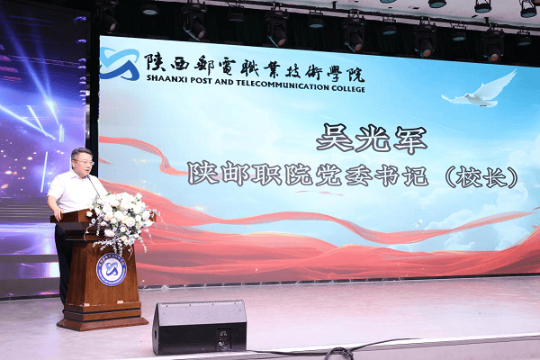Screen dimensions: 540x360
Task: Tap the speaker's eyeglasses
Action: tap(84, 162)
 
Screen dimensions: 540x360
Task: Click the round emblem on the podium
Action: tap(112, 270)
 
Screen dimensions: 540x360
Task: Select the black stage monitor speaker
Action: tap(200, 327)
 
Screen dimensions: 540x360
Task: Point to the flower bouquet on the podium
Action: tap(121, 220)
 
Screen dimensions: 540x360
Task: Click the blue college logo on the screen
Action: tap(119, 64)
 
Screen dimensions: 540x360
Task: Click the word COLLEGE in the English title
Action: tap(348, 88)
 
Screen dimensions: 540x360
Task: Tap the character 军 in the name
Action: tap(411, 140)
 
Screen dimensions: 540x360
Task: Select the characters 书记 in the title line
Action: tap(401, 175)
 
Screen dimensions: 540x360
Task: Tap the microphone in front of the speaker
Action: tap(93, 185)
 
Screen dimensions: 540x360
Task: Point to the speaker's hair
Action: tap(81, 153)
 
